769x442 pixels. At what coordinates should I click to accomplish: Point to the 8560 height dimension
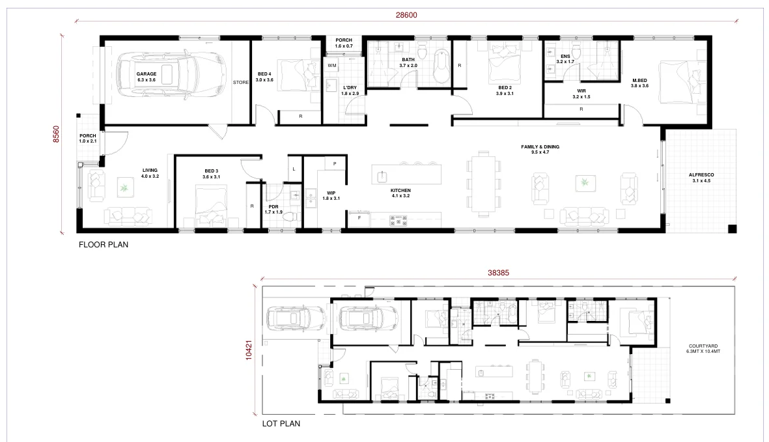coord(56,134)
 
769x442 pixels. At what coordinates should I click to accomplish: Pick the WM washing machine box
coord(331,66)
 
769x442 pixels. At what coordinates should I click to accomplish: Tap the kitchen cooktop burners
coord(396,221)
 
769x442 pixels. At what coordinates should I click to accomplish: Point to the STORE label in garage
coord(240,83)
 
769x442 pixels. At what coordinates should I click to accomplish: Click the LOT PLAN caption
coord(281,423)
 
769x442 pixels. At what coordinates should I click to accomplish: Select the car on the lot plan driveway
coord(296,319)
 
